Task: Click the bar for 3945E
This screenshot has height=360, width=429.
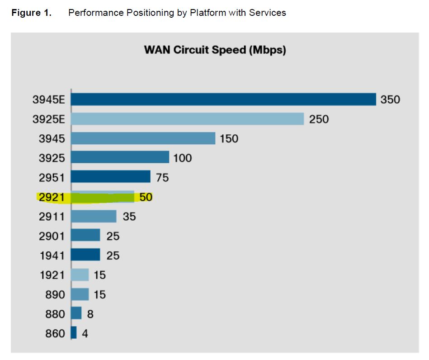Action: tap(223, 99)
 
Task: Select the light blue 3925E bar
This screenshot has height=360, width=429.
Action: tap(187, 118)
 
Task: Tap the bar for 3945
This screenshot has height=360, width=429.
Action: tap(143, 138)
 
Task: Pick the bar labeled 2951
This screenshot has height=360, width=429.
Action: tap(110, 177)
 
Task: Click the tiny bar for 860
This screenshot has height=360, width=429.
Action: tap(74, 333)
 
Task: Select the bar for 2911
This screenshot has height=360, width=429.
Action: tap(94, 216)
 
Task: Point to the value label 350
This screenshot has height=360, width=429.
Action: tap(390, 99)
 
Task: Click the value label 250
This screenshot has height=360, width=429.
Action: tap(319, 119)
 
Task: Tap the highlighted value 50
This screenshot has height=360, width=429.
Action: tap(146, 197)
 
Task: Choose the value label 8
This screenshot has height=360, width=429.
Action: tap(90, 314)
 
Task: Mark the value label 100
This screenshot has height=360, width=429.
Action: tap(182, 158)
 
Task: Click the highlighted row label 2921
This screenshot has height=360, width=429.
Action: tap(52, 197)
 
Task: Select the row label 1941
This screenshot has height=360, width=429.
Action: tap(52, 255)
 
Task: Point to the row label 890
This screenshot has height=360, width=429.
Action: tap(55, 294)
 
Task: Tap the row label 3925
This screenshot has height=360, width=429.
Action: tap(52, 158)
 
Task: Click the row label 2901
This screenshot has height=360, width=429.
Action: tap(52, 236)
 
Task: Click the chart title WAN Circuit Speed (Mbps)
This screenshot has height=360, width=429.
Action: tap(215, 50)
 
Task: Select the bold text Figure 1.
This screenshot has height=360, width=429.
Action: tap(31, 13)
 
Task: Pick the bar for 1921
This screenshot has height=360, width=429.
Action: tap(80, 275)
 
